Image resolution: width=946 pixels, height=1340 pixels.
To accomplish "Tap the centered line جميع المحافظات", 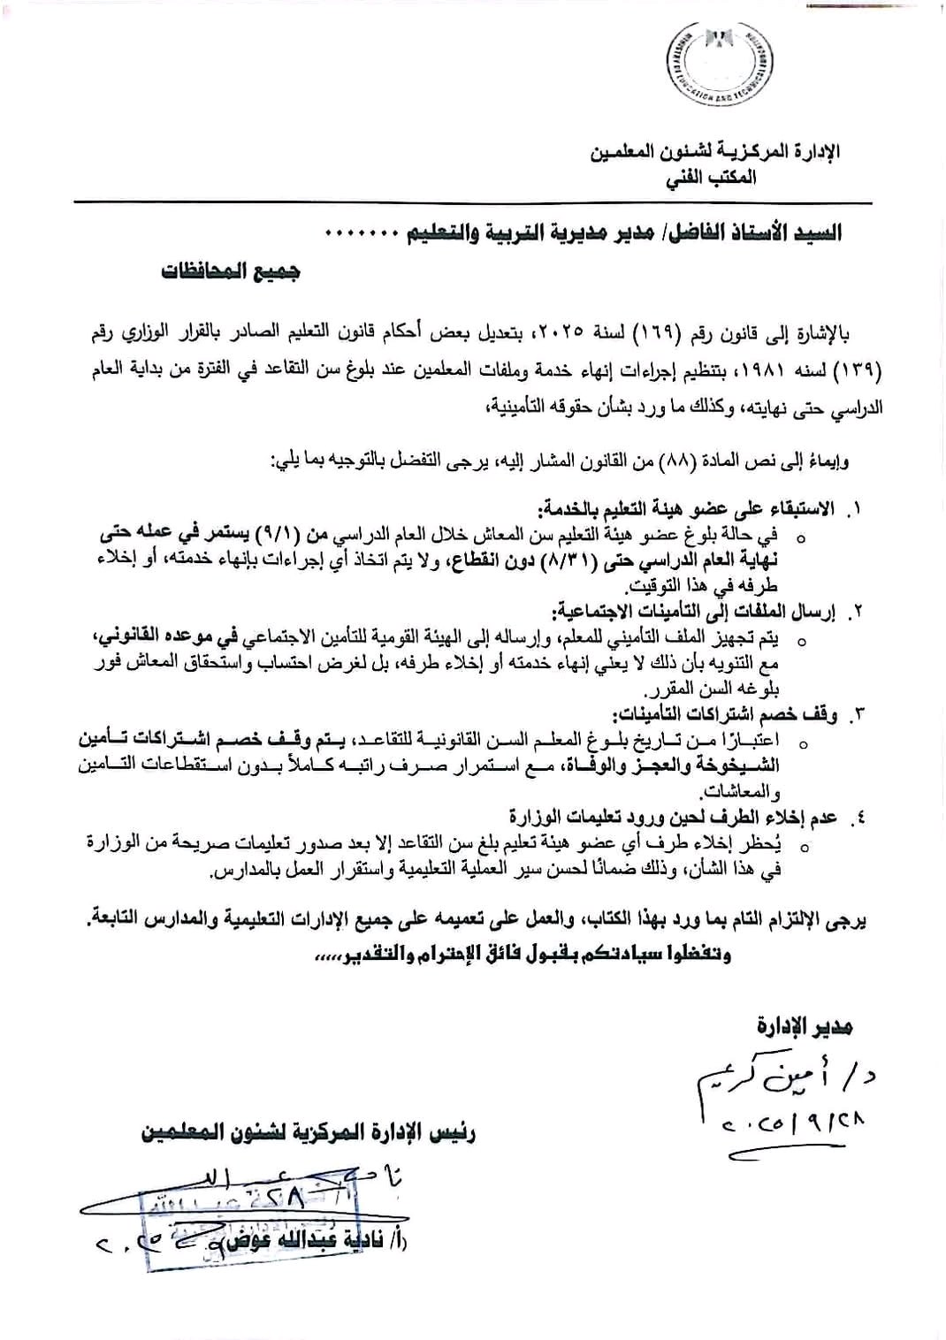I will point(230,270).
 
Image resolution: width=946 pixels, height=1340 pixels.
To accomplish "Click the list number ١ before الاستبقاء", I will point(854,510).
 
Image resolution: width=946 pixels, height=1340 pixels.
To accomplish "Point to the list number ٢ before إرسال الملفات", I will point(854,612).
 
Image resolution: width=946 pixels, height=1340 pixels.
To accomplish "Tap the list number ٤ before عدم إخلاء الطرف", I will point(854,818).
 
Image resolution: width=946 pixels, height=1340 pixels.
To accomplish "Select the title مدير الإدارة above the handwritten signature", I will point(805,1026).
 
